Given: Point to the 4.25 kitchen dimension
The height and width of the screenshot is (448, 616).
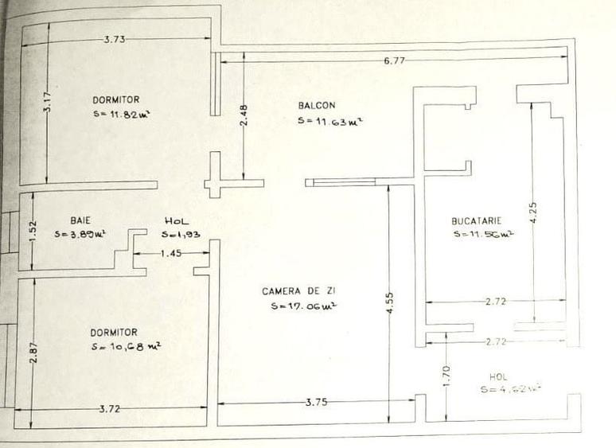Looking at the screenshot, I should [533, 212].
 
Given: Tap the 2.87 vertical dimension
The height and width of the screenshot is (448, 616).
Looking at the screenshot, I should [33, 353].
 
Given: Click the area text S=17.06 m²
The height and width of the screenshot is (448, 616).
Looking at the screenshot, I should [301, 306].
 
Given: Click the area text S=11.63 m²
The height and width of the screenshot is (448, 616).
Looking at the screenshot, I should [325, 122].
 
